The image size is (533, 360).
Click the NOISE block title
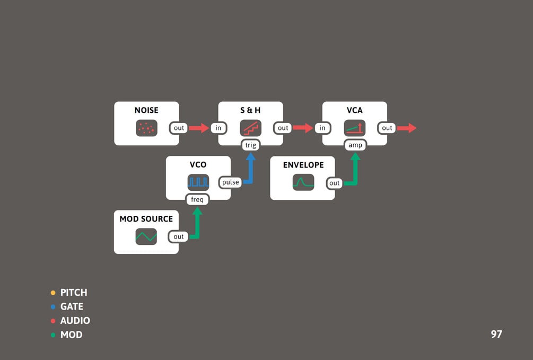(x=146, y=110)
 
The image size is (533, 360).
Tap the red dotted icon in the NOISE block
(x=146, y=128)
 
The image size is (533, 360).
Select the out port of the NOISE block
(x=179, y=128)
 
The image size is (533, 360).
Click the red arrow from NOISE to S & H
(x=199, y=128)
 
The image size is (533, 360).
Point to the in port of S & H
(x=219, y=128)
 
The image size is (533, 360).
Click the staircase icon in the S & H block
(x=250, y=128)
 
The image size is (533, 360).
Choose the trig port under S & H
(x=251, y=145)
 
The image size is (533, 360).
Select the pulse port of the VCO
(x=230, y=182)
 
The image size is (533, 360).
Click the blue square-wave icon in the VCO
(x=198, y=182)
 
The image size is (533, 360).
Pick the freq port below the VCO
(x=197, y=199)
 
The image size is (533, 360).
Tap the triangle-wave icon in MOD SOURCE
(x=146, y=236)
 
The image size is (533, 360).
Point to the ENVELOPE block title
(x=303, y=165)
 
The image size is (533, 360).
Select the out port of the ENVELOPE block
(x=334, y=183)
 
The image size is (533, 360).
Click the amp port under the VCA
(x=355, y=145)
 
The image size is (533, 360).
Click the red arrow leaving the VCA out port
(x=407, y=128)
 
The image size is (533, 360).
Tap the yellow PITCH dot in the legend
(x=53, y=293)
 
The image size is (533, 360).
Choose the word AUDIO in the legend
(x=75, y=321)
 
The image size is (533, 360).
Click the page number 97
(x=496, y=334)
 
